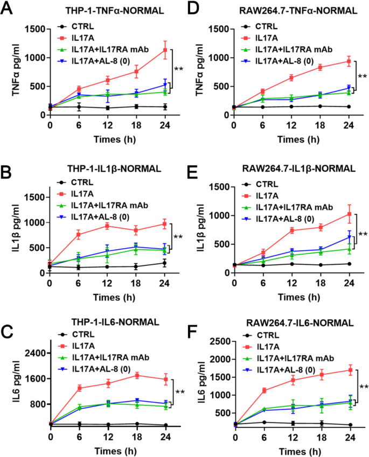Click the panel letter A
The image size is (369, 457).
click(8, 9)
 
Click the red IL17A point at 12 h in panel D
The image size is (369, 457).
click(291, 78)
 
